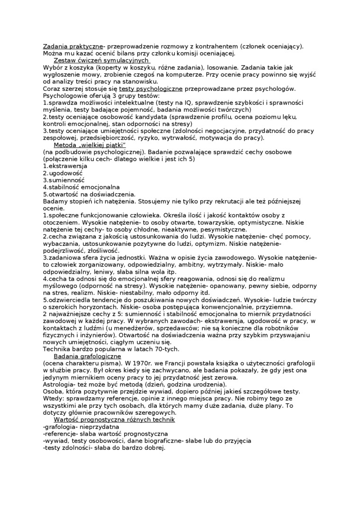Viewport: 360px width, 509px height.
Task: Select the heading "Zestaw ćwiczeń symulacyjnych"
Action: [101, 60]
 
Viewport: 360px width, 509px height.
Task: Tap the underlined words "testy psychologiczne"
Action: [157, 89]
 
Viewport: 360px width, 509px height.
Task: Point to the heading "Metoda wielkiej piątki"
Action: [90, 145]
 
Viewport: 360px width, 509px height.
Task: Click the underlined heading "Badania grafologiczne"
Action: [87, 356]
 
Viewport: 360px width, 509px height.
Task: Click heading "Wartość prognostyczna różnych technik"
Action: [114, 420]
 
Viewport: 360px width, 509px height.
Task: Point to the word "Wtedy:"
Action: [53, 399]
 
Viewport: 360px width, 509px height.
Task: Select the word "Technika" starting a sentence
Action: [56, 349]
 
